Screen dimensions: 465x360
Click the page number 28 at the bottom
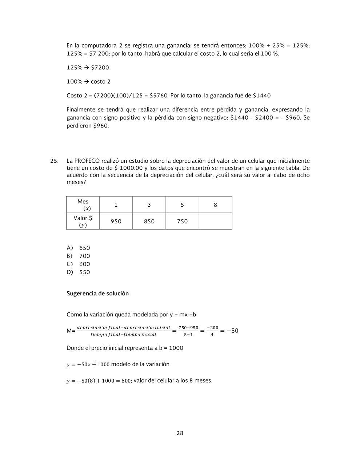pos(180,433)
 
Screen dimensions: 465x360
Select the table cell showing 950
pos(116,221)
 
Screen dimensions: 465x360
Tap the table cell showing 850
pos(149,221)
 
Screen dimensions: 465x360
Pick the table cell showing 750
pos(182,221)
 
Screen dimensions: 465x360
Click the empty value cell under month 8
pos(215,221)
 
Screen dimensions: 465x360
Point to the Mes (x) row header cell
pos(83,205)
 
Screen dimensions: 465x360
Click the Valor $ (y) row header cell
pos(83,221)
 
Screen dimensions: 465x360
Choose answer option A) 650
pos(79,248)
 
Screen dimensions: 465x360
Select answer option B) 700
pos(79,256)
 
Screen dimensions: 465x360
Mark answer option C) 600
pos(79,264)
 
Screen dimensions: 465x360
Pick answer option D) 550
pos(79,272)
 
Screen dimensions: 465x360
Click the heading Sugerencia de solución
pos(97,294)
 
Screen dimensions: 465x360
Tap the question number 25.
pos(55,161)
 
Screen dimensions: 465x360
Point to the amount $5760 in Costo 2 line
pos(158,96)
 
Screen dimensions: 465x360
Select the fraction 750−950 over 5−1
pos(188,331)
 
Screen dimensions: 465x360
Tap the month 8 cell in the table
pos(215,205)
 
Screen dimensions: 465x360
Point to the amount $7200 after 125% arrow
pos(100,68)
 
